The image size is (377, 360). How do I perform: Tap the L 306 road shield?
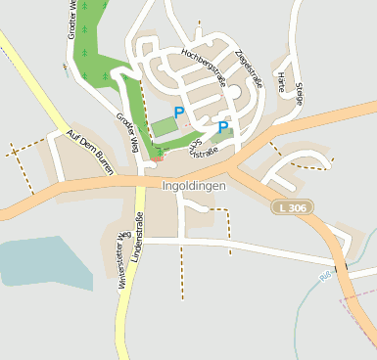289,207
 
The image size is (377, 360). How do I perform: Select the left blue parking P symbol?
178,113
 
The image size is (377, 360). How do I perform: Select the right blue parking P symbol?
222,127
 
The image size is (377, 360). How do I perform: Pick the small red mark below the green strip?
155,160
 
